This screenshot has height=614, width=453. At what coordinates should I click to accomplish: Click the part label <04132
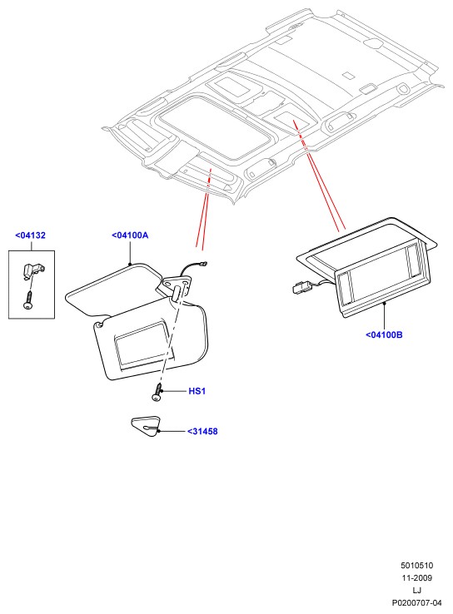point(30,235)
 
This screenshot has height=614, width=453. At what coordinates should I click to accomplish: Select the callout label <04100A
point(130,235)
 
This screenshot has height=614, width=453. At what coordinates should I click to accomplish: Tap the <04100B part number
point(384,334)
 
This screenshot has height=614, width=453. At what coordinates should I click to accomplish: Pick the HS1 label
point(197,391)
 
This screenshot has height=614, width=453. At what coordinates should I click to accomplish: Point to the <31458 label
point(202,431)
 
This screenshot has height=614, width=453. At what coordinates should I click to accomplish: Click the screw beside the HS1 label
point(157,392)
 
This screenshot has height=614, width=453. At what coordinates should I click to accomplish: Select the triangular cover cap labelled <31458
point(146,426)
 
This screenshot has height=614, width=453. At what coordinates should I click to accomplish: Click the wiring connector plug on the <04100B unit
point(301,287)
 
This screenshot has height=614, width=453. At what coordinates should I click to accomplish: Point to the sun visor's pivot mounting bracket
point(177,286)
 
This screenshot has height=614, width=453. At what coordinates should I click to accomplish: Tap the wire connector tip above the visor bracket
point(203,264)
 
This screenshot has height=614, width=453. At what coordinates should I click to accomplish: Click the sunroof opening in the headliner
point(215,126)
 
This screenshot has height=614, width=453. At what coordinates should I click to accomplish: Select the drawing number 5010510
point(417,565)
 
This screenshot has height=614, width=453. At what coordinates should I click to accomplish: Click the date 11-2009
point(417,577)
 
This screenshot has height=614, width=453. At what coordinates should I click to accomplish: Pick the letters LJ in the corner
point(417,590)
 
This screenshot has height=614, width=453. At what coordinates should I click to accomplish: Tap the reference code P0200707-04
point(417,602)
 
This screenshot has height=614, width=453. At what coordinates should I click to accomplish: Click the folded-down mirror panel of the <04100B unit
point(382,284)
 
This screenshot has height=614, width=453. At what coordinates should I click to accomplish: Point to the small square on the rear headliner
point(347,75)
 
